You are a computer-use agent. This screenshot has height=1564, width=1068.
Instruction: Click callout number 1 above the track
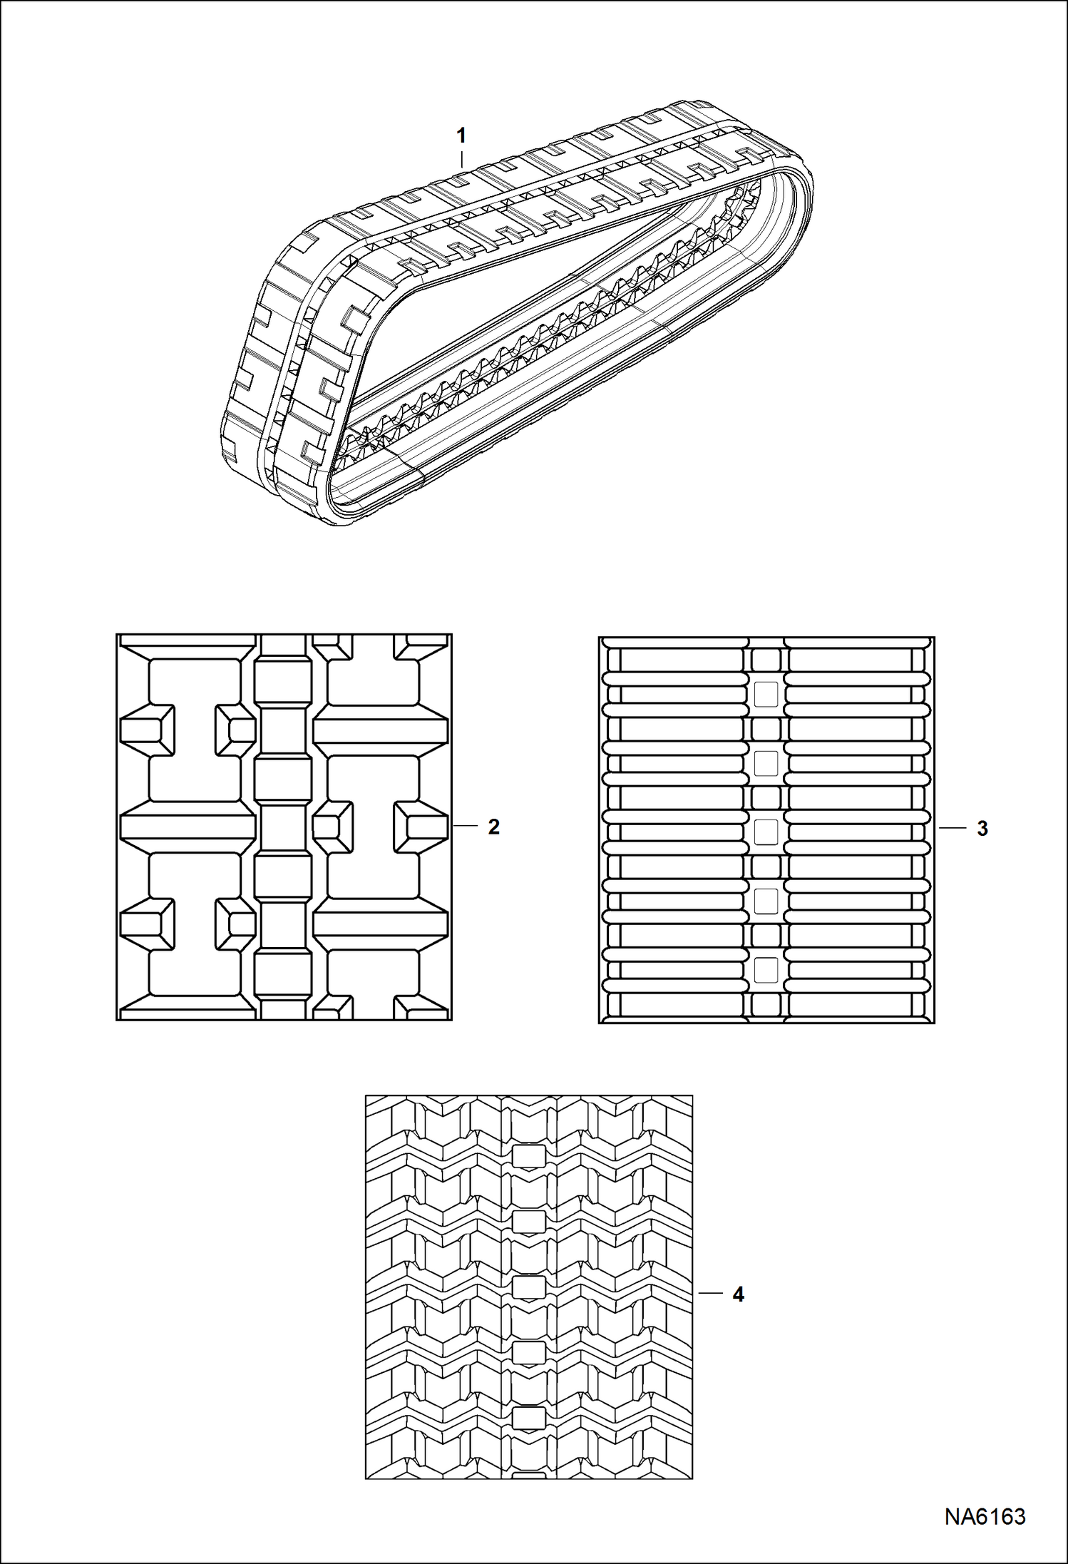pyautogui.click(x=461, y=136)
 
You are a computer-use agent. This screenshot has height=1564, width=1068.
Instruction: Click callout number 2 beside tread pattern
pyautogui.click(x=493, y=827)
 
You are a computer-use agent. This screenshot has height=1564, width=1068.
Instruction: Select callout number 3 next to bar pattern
pyautogui.click(x=982, y=829)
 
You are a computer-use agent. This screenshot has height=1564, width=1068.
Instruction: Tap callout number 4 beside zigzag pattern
pyautogui.click(x=739, y=1294)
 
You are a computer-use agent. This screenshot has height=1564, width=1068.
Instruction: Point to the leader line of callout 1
pyautogui.click(x=461, y=158)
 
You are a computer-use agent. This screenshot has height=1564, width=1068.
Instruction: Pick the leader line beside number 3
pyautogui.click(x=951, y=828)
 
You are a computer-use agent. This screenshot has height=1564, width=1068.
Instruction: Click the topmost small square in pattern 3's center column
pyautogui.click(x=766, y=694)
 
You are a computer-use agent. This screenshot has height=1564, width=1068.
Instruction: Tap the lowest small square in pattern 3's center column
pyautogui.click(x=766, y=971)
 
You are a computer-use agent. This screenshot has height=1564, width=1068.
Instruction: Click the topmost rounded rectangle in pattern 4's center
pyautogui.click(x=528, y=1156)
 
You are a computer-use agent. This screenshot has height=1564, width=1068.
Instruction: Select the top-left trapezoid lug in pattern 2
pyautogui.click(x=148, y=731)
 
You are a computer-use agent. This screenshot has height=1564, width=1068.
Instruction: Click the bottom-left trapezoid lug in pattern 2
pyautogui.click(x=148, y=924)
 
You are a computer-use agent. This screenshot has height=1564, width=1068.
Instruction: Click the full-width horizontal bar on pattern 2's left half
pyautogui.click(x=188, y=827)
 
